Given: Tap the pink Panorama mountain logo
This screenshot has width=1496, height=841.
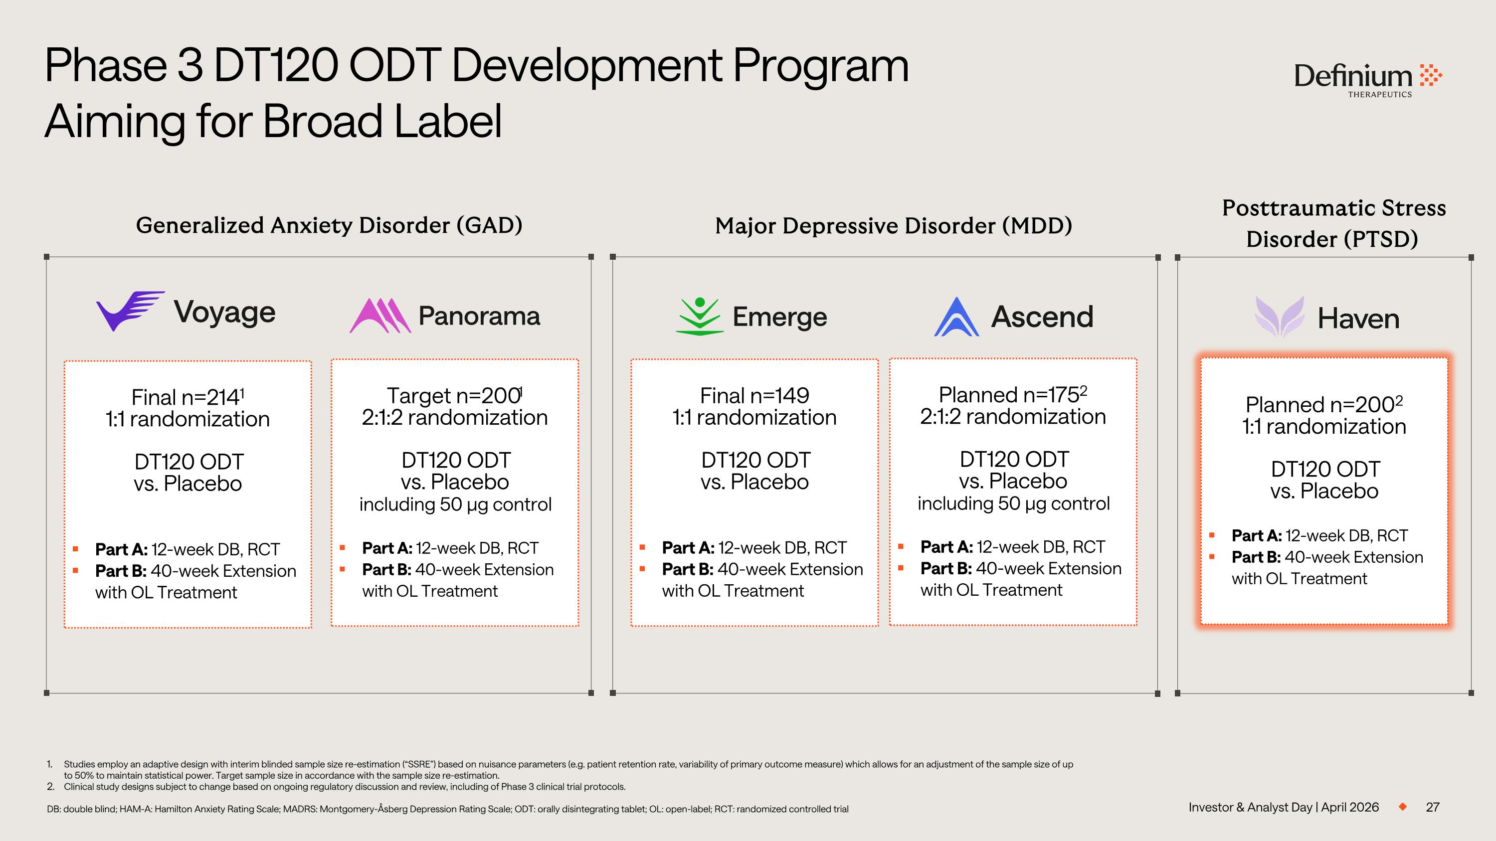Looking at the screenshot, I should (x=380, y=316).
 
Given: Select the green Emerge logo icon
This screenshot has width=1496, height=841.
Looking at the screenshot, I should (x=699, y=317).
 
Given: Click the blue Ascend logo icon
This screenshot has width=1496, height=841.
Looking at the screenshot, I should (x=956, y=317).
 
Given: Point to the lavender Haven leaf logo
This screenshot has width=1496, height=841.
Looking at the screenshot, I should (x=1280, y=317).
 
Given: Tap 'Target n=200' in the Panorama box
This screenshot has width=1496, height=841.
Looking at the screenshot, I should (x=453, y=396).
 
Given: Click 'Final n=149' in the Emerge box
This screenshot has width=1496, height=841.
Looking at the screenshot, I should (x=754, y=396).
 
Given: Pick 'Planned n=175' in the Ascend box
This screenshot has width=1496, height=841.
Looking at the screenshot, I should (x=1009, y=395).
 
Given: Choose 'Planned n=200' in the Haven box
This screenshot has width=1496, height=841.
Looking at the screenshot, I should (x=1319, y=404).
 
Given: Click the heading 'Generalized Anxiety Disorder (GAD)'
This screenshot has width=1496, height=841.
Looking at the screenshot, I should (x=329, y=225).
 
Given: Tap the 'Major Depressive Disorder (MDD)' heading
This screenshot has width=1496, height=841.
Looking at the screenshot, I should (x=893, y=226).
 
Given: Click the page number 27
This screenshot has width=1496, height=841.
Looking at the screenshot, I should (x=1432, y=807).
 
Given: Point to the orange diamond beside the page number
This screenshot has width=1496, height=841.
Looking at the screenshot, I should (x=1402, y=807).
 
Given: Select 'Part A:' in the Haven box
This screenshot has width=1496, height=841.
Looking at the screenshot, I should (x=1256, y=536).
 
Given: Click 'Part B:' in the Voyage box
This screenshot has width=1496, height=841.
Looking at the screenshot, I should (x=120, y=571).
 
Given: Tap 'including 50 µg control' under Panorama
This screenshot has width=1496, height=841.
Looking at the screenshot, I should (x=455, y=505).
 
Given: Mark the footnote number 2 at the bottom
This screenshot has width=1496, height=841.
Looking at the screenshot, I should (x=50, y=787).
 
